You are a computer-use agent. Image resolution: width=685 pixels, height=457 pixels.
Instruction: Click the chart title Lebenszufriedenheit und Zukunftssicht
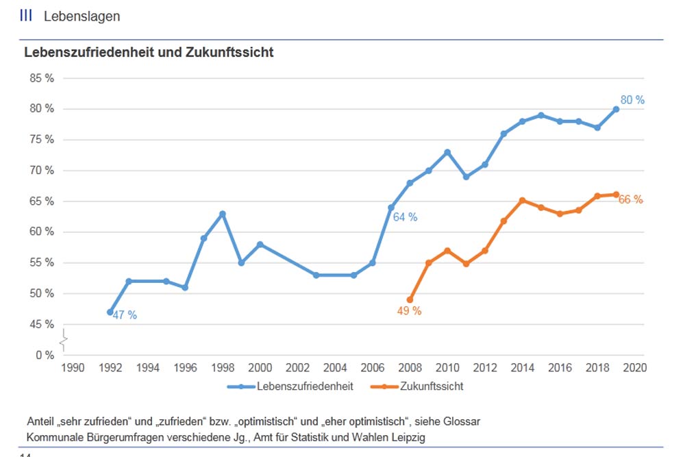point(149,53)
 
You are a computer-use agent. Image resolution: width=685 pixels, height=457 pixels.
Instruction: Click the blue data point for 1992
point(110,312)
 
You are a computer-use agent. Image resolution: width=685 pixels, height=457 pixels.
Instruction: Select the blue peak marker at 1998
point(223,214)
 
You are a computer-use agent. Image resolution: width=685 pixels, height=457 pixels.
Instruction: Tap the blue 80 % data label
point(632,100)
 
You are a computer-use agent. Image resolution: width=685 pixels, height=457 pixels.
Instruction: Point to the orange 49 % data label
point(409,310)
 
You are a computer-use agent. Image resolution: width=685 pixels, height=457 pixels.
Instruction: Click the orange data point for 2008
point(410,299)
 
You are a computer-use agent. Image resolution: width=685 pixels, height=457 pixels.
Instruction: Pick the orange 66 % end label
point(631,200)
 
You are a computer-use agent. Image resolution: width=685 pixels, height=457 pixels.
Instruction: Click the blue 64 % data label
point(405,217)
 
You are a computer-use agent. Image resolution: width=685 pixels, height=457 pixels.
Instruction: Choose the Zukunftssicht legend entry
point(431,386)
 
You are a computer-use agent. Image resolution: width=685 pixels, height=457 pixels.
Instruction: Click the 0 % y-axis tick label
point(44,355)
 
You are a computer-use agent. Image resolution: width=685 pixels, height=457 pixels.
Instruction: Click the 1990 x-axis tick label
point(73,368)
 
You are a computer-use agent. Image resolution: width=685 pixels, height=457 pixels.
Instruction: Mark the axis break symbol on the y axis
point(63,339)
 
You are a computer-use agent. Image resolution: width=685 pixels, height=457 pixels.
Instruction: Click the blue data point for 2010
point(447,152)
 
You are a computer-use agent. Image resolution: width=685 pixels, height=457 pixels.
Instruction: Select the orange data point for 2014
point(522,200)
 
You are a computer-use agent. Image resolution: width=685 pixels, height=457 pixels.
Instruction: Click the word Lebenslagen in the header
point(82,16)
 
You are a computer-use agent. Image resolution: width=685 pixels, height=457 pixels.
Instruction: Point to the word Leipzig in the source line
point(408,437)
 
